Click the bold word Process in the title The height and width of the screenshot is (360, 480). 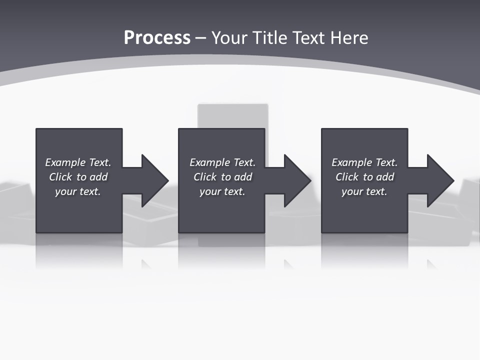(157, 38)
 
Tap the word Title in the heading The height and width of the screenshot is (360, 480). (270, 38)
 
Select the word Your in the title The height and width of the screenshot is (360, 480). (230, 38)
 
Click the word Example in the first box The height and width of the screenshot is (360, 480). (65, 162)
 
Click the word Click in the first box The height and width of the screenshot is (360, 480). (60, 177)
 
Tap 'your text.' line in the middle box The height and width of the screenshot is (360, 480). (222, 191)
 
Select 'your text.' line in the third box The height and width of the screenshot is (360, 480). (364, 191)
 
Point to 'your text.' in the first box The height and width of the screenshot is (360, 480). (77, 191)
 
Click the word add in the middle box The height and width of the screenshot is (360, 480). (243, 177)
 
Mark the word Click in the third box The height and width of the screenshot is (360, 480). (347, 177)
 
